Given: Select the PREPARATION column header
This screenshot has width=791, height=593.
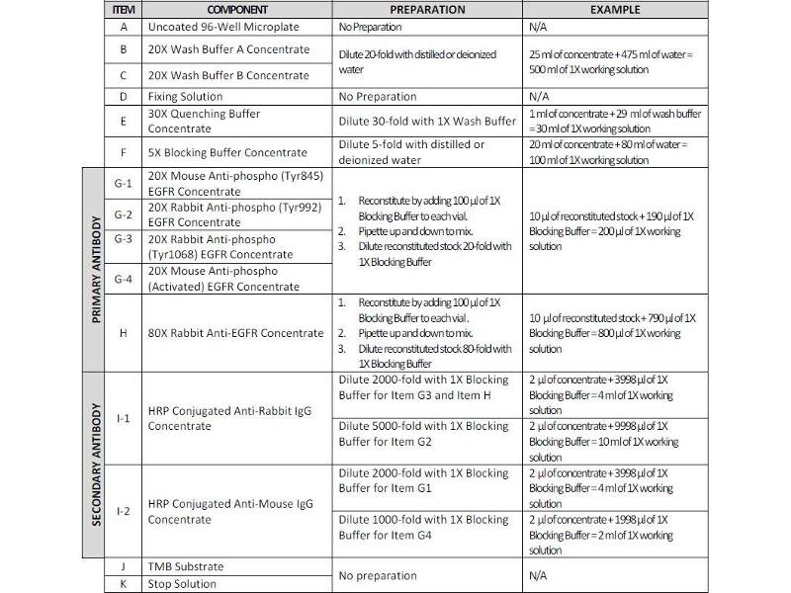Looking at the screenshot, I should tap(428, 10).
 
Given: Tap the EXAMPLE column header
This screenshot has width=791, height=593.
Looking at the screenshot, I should tap(614, 10).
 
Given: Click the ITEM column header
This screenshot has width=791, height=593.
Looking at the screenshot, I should tap(123, 10).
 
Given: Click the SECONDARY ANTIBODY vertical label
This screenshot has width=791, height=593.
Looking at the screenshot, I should tap(97, 465).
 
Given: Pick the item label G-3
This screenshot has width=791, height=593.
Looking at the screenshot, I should tap(123, 238).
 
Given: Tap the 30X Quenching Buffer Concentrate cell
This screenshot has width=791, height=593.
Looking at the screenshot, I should tap(204, 121).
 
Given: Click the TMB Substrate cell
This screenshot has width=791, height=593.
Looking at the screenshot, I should tap(186, 567).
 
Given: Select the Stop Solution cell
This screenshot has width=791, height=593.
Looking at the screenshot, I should tap(182, 584).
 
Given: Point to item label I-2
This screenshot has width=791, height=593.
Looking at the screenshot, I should tap(123, 511).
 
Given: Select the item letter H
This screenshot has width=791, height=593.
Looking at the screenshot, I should tap(123, 333).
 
